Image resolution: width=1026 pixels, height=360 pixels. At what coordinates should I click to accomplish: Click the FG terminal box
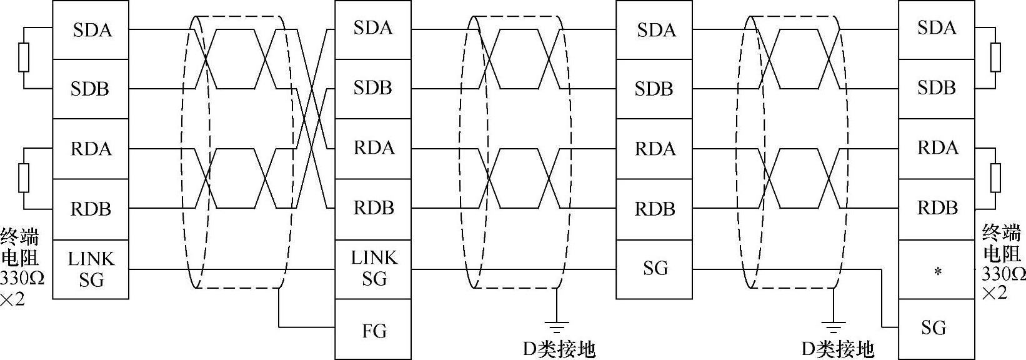pos(373,329)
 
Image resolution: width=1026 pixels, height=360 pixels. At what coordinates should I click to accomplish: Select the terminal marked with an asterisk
pos(936,271)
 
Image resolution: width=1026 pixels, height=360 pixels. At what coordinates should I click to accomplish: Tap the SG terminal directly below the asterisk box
pos(936,327)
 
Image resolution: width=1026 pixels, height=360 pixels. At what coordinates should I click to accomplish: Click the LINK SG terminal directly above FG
pos(373,269)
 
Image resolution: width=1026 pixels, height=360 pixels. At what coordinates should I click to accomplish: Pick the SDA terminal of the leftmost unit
pos(91,30)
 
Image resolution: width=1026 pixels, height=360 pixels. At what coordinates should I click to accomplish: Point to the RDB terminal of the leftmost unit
pos(91,209)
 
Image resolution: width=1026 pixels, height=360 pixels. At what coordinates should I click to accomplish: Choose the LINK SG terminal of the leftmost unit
pos(91,269)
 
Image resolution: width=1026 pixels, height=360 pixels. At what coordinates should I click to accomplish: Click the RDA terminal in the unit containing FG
pos(373,148)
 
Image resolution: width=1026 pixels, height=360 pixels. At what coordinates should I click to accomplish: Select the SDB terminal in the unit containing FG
pos(373,88)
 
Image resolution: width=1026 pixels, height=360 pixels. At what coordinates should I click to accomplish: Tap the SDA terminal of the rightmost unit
pos(936,28)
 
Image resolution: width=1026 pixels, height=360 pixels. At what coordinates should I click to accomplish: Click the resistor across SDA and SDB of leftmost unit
pos(24,58)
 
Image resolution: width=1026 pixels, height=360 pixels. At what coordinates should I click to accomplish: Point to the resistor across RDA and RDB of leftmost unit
pos(24,178)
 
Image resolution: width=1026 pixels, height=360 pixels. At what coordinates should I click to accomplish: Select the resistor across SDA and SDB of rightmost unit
pos(995,57)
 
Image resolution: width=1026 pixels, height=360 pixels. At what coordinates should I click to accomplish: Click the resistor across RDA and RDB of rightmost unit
pos(995,178)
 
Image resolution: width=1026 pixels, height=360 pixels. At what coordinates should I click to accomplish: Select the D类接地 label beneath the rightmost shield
pos(837,349)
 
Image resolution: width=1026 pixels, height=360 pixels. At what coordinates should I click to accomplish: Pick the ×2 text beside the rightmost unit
pos(995,292)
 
